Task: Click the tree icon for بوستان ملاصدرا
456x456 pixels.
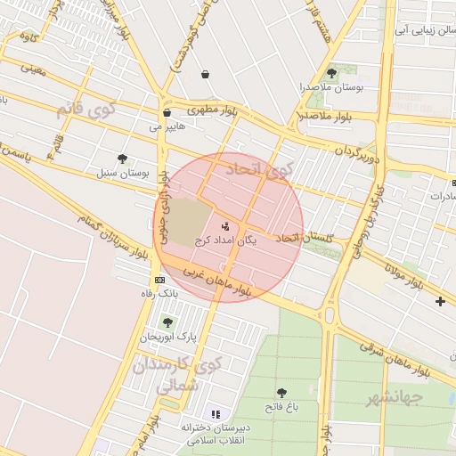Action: (x=332, y=73)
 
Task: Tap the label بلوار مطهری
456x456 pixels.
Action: (x=208, y=110)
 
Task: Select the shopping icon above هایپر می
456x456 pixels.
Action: (x=167, y=113)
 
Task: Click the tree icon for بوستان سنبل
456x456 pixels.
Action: (x=122, y=158)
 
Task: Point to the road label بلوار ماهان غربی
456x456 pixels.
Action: (x=218, y=281)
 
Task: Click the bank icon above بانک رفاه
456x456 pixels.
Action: (x=159, y=280)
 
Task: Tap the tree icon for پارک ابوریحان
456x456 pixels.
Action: (x=167, y=322)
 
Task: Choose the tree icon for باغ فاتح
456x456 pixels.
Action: (x=282, y=393)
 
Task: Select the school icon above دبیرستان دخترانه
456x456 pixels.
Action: (x=215, y=413)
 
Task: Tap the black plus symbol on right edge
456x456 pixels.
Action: (x=440, y=301)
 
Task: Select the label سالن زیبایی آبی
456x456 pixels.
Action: (x=420, y=29)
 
